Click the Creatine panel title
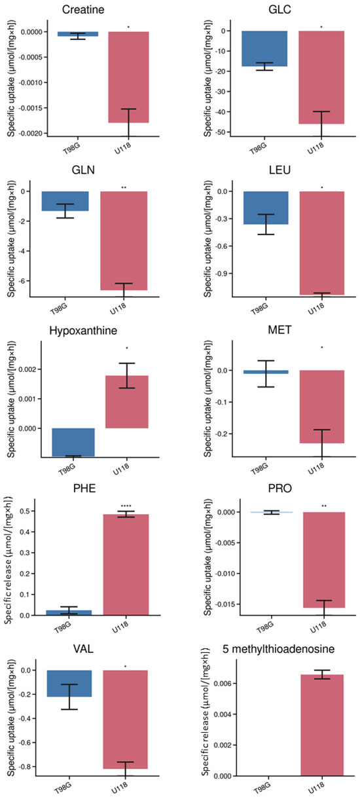[x=83, y=10]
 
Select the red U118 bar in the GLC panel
[x=321, y=77]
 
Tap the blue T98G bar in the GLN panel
[x=65, y=201]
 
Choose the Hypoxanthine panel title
[x=83, y=331]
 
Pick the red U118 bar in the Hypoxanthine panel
[x=127, y=401]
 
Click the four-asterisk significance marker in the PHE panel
[x=126, y=506]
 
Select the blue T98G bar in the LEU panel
[x=266, y=208]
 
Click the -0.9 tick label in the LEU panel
[x=223, y=274]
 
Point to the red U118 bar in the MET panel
[x=322, y=407]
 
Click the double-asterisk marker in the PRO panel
[x=324, y=506]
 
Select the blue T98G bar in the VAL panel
[x=69, y=684]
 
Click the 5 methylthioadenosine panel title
[x=278, y=649]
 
